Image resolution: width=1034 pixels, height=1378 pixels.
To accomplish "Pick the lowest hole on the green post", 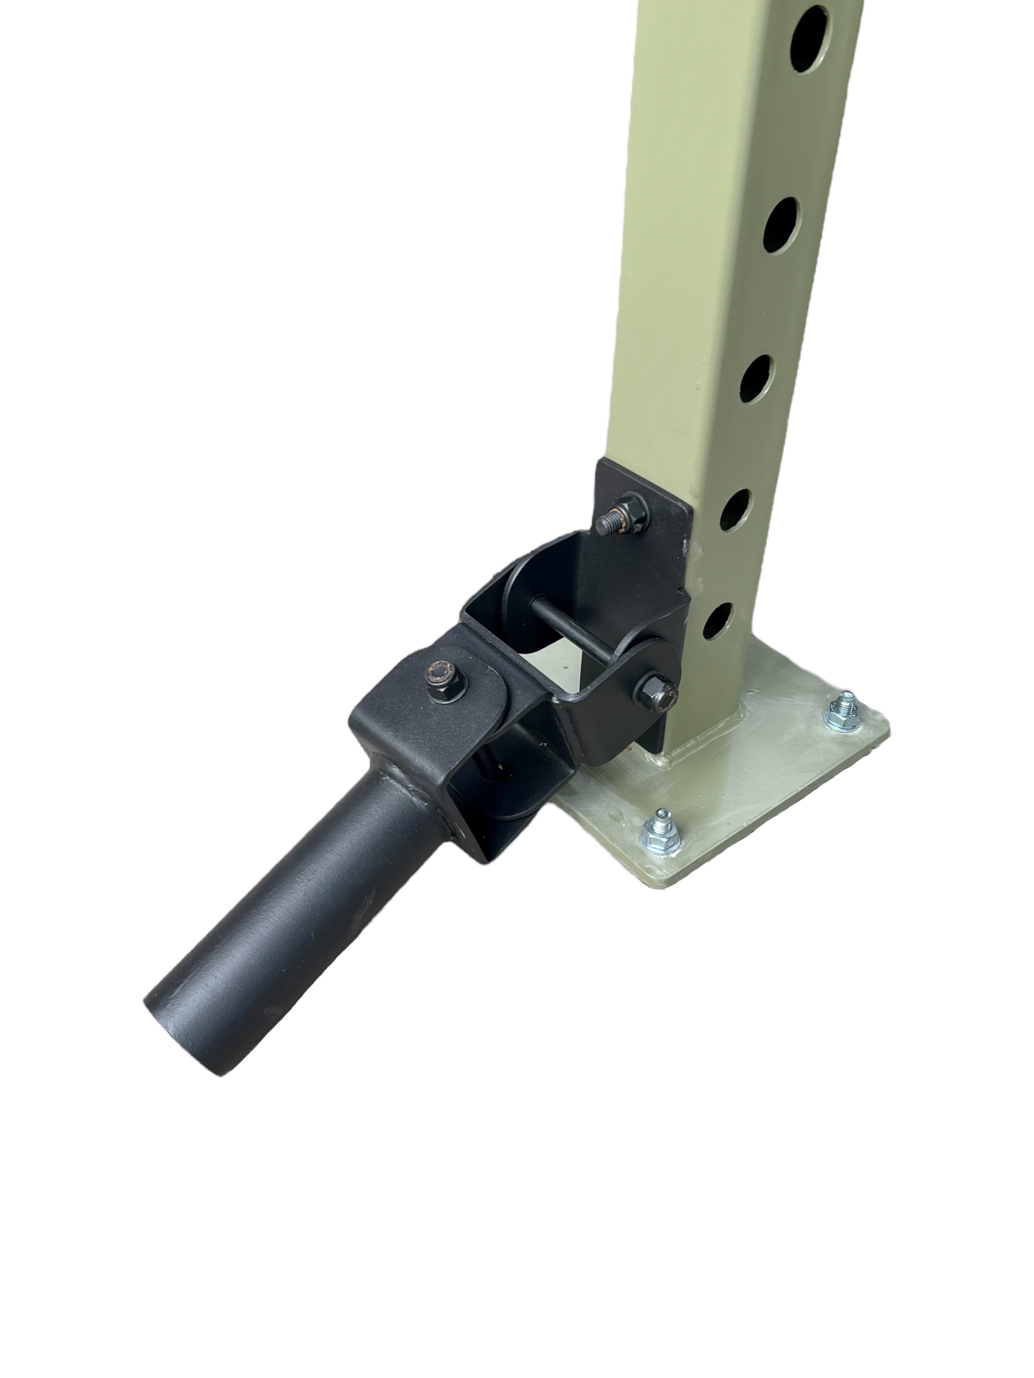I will click(717, 621).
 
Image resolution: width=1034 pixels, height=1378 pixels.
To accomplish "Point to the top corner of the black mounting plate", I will click(600, 462).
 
